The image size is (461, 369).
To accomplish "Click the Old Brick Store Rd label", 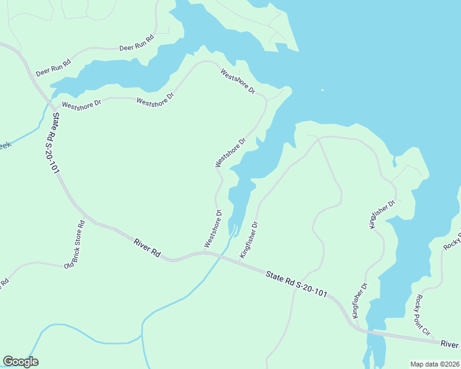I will coord(74,244).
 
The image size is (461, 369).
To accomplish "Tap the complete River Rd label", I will coord(147,248).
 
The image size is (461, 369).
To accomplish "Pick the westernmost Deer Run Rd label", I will coord(54,68).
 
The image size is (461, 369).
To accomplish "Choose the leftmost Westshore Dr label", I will coord(81,105).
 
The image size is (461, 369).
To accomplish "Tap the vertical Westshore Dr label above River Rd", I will coord(213,229).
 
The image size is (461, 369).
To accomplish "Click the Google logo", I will coord(20,361).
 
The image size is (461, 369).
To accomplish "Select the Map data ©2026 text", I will coord(435,364).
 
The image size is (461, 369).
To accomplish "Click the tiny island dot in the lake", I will coord(322,90).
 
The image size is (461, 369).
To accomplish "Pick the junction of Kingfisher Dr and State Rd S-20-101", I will coord(240,261).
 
